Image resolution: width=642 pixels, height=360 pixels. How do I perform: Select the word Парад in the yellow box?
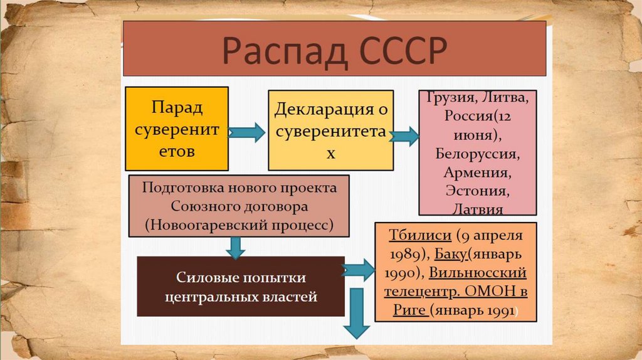[x=177, y=107]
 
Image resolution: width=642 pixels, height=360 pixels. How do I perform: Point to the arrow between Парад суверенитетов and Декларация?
[x=247, y=132]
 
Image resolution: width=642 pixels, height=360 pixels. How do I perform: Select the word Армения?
[x=477, y=171]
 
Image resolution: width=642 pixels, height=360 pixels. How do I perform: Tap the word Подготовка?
[x=177, y=188]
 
